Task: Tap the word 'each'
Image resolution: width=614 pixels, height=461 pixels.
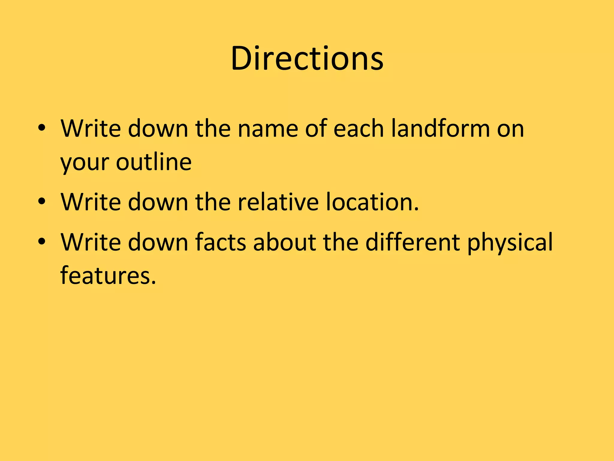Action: coord(359,128)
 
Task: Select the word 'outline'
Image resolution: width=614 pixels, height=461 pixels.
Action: coord(154,162)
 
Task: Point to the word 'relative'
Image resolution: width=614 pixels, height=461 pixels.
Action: coord(278,202)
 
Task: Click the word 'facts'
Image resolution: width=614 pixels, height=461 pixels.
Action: coord(221,242)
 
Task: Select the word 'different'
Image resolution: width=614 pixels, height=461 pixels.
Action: coord(413,242)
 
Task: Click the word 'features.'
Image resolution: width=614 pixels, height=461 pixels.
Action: coord(108,275)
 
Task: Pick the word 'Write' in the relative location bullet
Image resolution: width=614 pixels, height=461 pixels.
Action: coord(91,202)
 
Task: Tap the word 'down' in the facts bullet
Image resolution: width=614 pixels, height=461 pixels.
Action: coord(158,242)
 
